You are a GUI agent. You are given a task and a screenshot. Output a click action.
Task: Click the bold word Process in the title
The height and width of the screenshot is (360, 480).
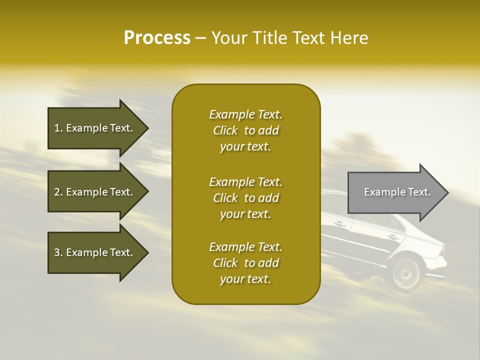[157, 38]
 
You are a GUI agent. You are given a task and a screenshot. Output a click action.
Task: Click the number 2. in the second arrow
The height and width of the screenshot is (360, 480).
[58, 192]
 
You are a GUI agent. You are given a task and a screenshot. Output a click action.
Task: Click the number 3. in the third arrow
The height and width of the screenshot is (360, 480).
[58, 252]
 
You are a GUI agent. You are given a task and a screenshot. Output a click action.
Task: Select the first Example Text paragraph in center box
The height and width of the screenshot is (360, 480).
[245, 130]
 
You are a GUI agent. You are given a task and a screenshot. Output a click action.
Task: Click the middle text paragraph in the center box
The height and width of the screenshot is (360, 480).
[245, 198]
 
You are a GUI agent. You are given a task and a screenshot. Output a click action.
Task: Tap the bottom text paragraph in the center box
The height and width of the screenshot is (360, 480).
[245, 263]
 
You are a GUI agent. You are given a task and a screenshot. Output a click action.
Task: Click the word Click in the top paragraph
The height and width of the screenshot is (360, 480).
[225, 130]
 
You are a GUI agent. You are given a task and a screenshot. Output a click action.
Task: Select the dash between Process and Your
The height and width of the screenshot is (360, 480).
[200, 38]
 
